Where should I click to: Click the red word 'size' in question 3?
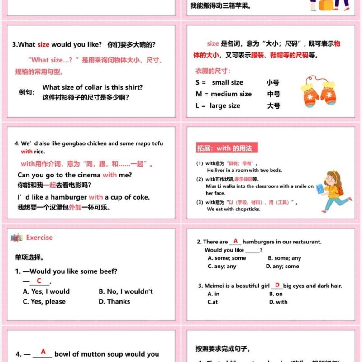coord(43,44)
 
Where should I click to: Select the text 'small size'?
coord(227,82)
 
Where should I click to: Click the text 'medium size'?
coord(231,94)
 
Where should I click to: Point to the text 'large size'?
coord(225,106)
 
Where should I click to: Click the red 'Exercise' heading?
coord(39,238)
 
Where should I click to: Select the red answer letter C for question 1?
coord(39,281)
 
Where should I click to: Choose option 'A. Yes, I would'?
coord(46,291)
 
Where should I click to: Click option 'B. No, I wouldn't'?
coord(126,291)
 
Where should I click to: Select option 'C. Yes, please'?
coord(44,302)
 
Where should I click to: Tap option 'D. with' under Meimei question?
coord(278,302)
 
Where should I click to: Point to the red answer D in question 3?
coord(277,285)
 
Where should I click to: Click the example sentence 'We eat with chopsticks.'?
coord(233,210)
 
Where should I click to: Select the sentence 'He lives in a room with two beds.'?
coord(244,171)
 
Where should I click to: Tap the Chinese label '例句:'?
coord(27,92)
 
